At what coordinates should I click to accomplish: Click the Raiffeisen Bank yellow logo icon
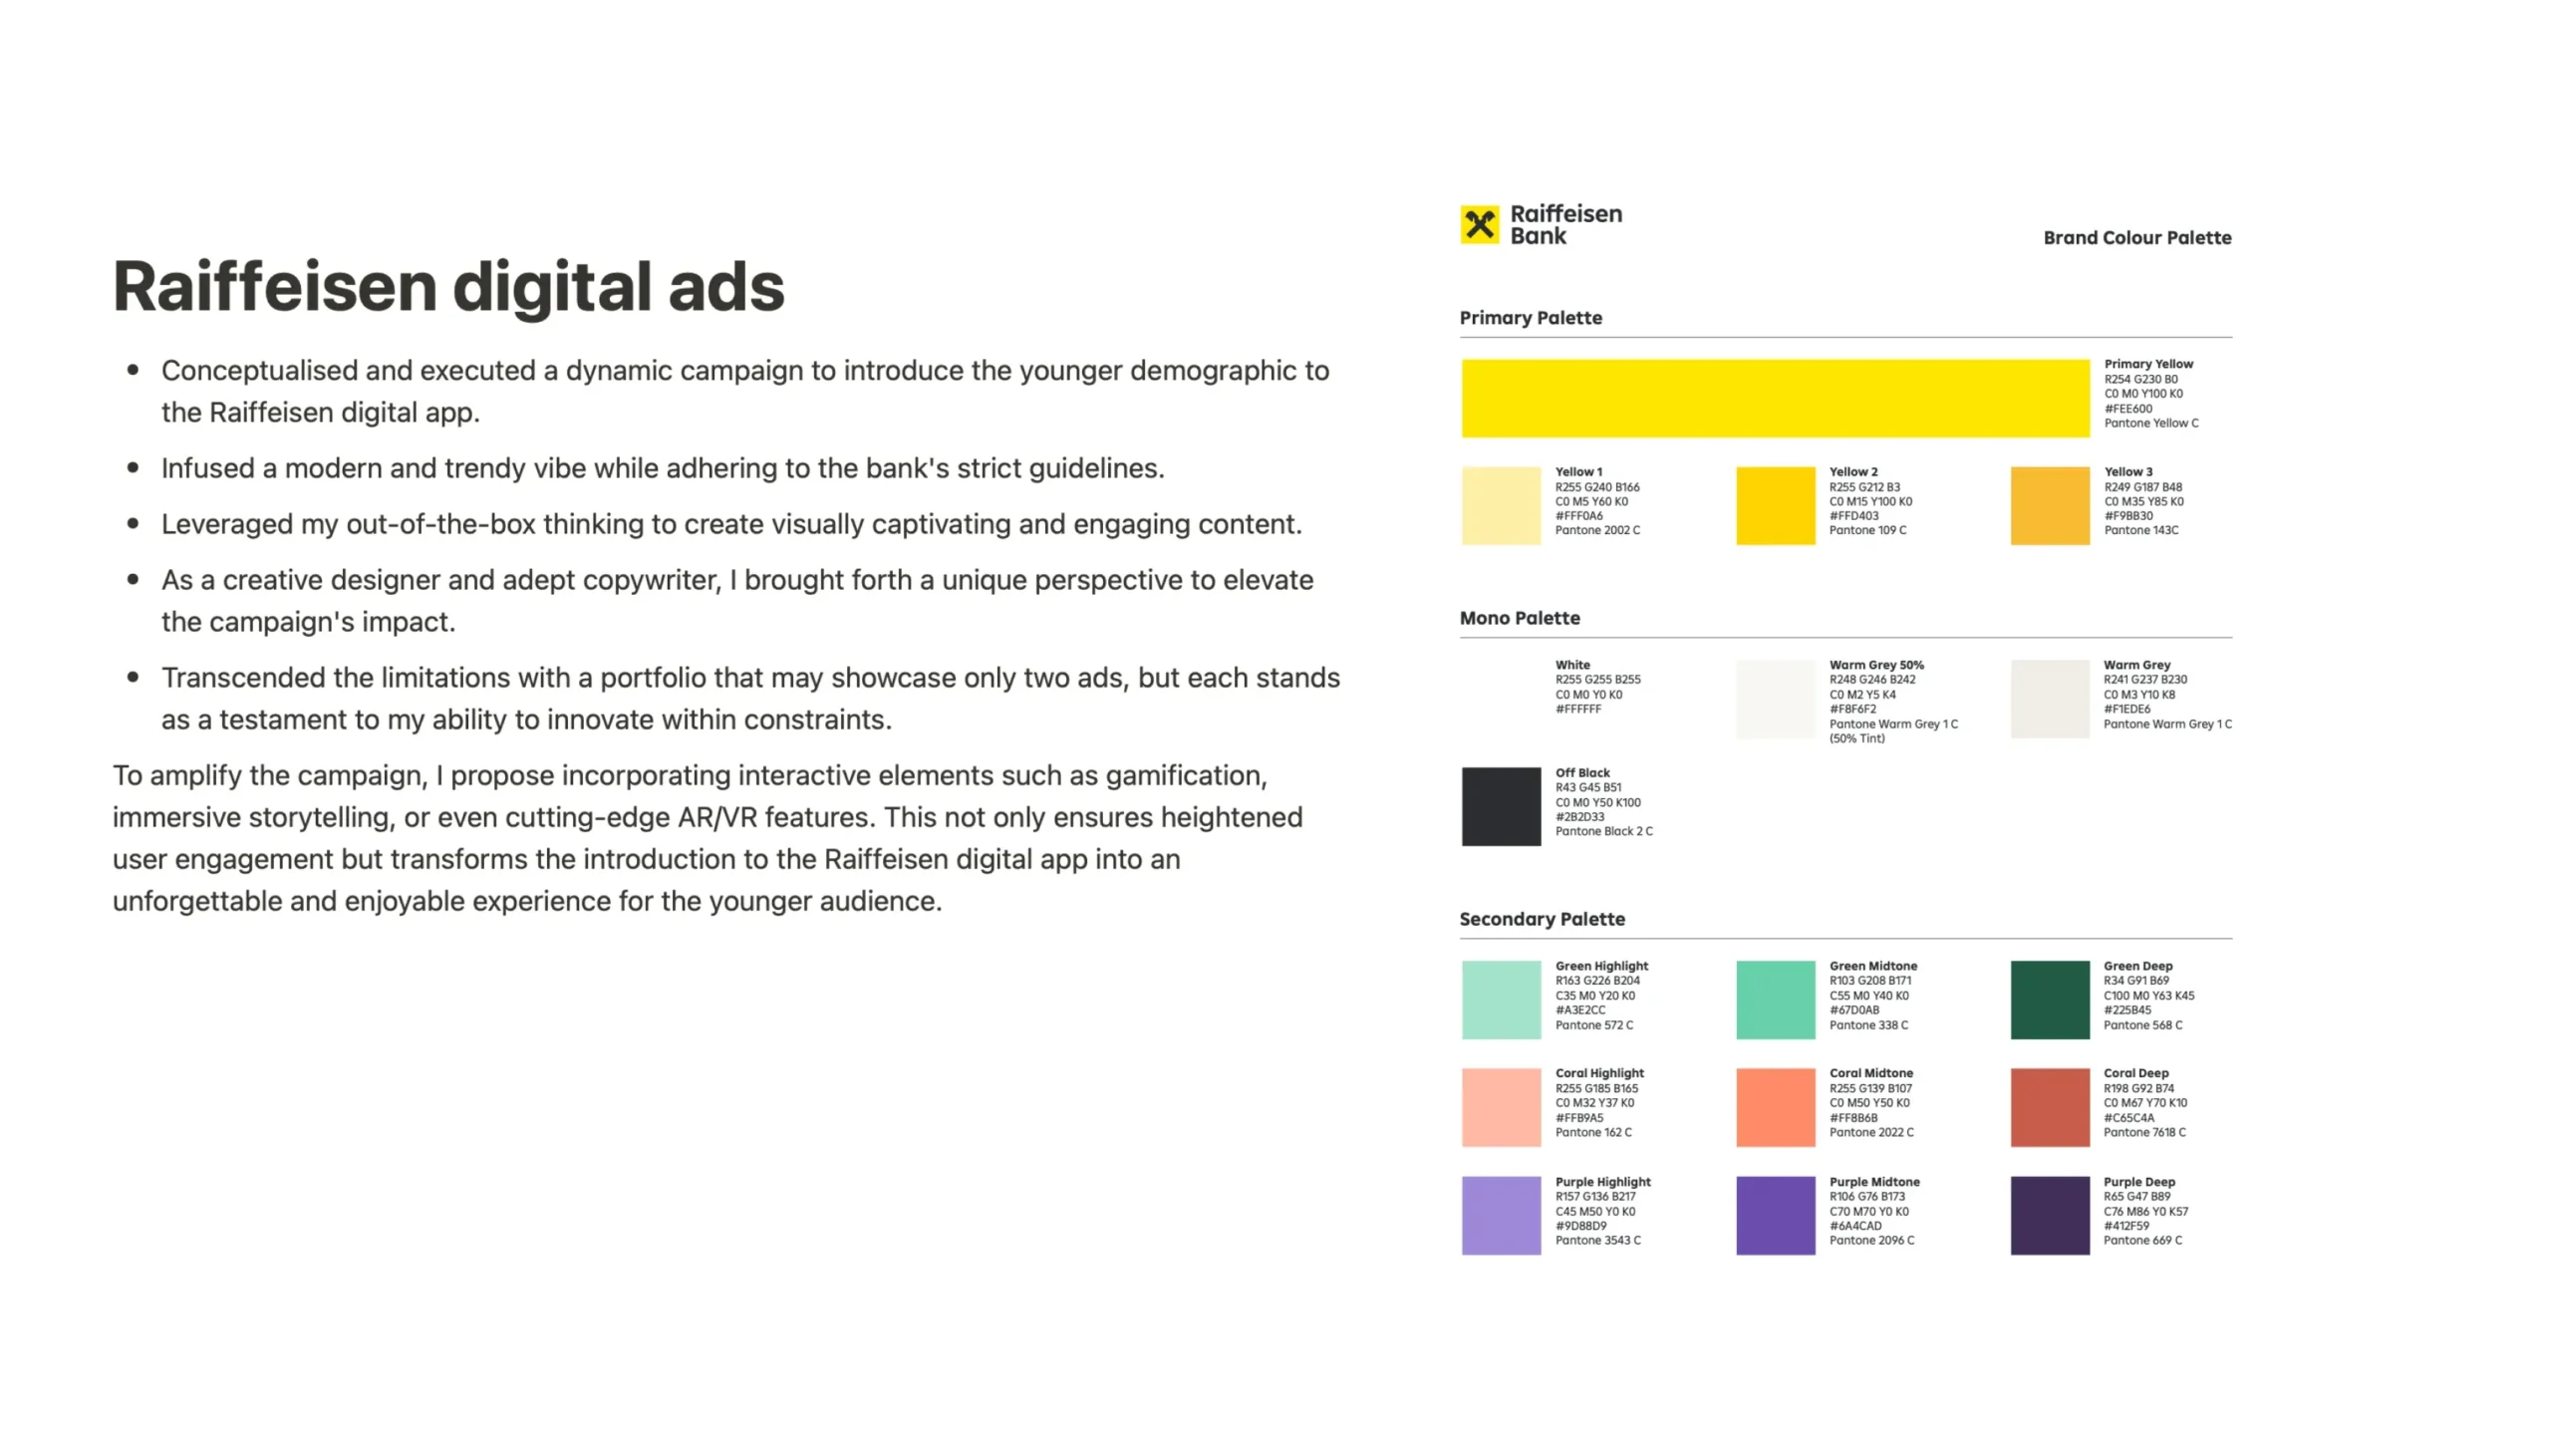[1480, 224]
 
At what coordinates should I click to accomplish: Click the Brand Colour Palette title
[2137, 238]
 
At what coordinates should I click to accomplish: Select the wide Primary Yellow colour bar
[1776, 399]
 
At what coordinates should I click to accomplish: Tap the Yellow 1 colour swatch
[1502, 505]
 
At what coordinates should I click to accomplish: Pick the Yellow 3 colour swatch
[2050, 505]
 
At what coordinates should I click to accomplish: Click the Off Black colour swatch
[1502, 806]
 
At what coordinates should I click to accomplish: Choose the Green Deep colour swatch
[2050, 1000]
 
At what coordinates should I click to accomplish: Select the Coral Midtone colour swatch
[1776, 1107]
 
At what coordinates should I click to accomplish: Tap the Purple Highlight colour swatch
[1502, 1216]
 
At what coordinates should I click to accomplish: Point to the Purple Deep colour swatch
[2050, 1216]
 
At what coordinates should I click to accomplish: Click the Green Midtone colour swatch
[1776, 1000]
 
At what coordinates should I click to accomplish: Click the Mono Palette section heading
[1520, 618]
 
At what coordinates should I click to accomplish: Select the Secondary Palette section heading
[1543, 919]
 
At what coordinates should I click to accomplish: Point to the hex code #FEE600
[2128, 409]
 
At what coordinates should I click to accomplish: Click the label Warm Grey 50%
[1876, 665]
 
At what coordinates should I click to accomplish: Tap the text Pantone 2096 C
[1871, 1241]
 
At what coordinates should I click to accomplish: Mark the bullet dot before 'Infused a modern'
[133, 467]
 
